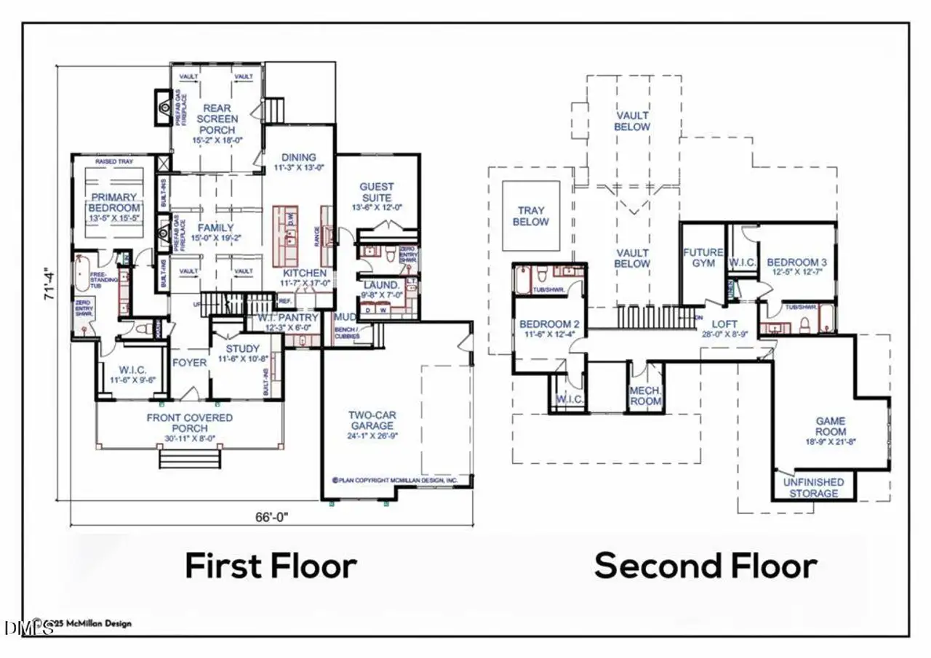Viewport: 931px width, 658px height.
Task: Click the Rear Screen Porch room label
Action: click(x=216, y=119)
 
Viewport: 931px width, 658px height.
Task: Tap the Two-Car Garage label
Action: click(x=371, y=420)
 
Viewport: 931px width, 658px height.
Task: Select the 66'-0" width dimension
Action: click(x=271, y=517)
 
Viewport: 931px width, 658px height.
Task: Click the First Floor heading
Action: click(x=271, y=566)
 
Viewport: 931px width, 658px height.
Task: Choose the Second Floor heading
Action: click(x=705, y=566)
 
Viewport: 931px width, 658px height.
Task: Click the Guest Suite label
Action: click(x=376, y=193)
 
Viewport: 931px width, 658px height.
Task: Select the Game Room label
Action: click(x=830, y=426)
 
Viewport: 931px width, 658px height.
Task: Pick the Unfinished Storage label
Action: click(x=813, y=487)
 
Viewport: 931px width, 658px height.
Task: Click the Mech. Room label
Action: click(x=645, y=396)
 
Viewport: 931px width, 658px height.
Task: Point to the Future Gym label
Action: click(x=703, y=257)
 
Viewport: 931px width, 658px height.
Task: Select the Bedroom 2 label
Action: click(x=548, y=324)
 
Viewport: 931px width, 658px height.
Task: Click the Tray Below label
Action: click(x=530, y=216)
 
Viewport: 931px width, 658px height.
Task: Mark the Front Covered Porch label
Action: click(x=189, y=423)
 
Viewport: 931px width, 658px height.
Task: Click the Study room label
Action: click(x=242, y=348)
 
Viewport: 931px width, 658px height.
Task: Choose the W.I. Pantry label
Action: click(x=289, y=318)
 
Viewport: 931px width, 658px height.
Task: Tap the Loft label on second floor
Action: click(x=724, y=324)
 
